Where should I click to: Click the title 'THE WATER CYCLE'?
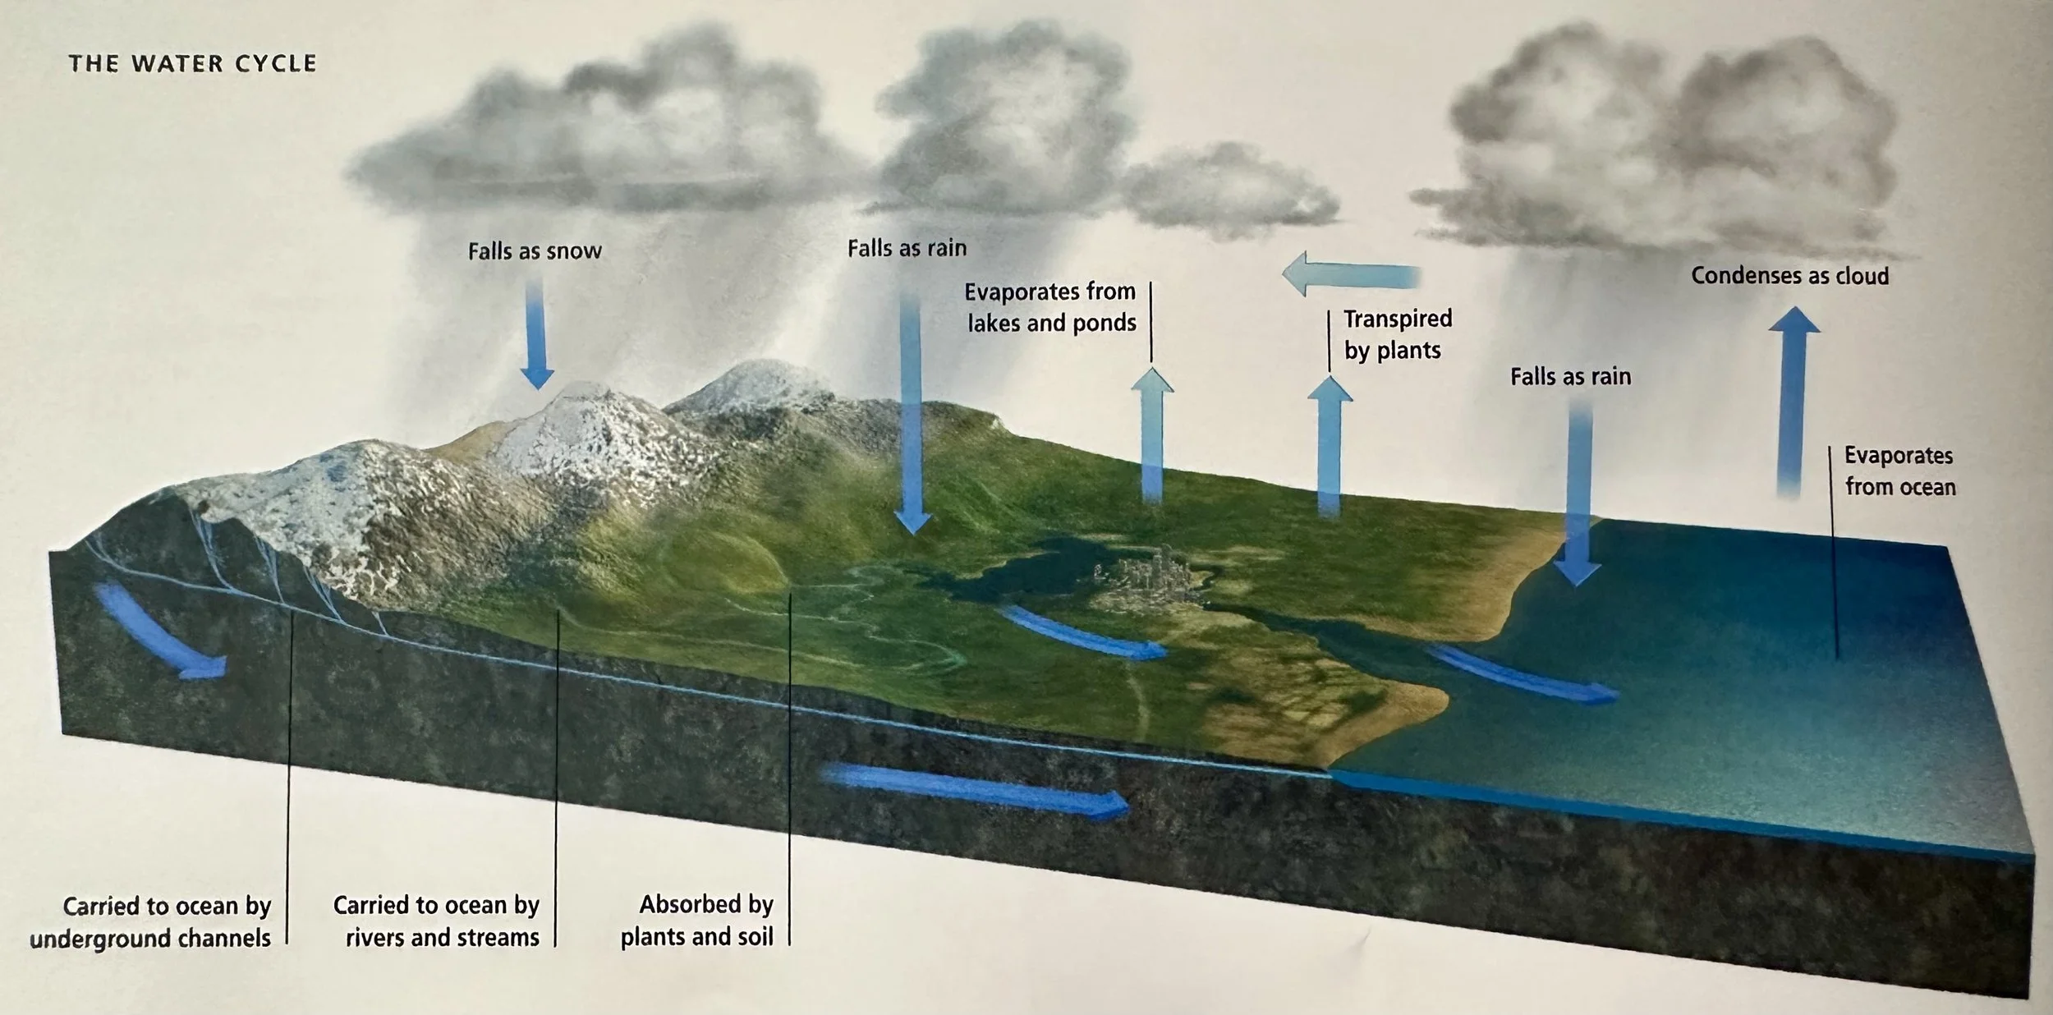(192, 64)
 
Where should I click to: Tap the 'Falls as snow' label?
(535, 251)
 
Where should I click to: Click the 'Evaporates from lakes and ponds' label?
(1050, 307)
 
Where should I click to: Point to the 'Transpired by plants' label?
(1397, 334)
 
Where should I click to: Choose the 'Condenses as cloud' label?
(1789, 276)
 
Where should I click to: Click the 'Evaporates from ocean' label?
(1899, 471)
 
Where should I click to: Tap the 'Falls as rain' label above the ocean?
(1570, 377)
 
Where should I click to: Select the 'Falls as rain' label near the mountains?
(907, 248)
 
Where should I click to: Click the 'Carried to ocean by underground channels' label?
(151, 921)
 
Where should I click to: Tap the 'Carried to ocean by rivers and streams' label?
(436, 921)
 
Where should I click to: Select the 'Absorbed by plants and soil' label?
(697, 920)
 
